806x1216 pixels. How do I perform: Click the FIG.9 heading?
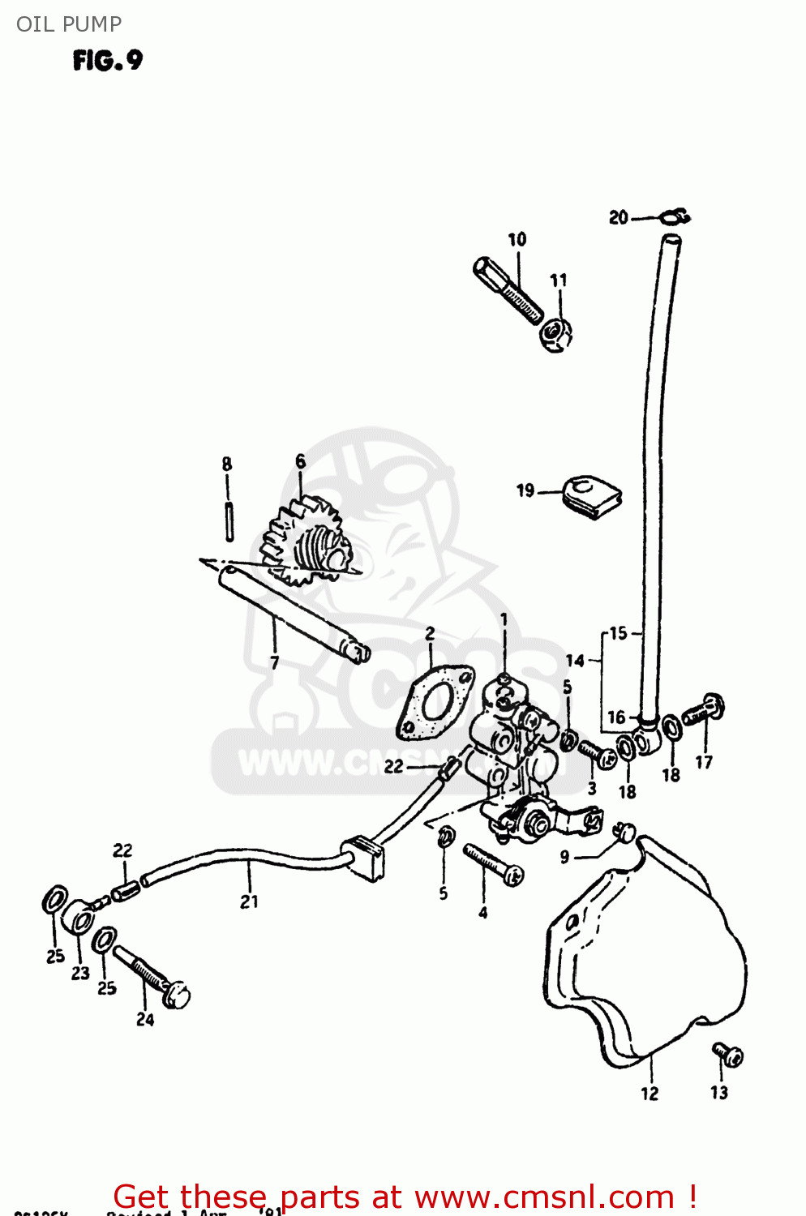point(107,61)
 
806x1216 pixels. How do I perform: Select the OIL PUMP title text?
point(69,24)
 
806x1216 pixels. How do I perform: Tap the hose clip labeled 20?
point(674,216)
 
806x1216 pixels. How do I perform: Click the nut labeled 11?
point(557,332)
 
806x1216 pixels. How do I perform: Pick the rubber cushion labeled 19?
point(592,495)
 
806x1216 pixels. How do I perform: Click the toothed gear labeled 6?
point(308,543)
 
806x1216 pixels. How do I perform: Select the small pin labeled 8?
point(229,521)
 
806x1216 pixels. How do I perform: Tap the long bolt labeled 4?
point(492,864)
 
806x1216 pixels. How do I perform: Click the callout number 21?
point(249,901)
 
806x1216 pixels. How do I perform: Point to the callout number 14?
point(575,661)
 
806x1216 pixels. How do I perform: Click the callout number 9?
point(564,857)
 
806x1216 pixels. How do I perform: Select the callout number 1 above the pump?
point(504,620)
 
